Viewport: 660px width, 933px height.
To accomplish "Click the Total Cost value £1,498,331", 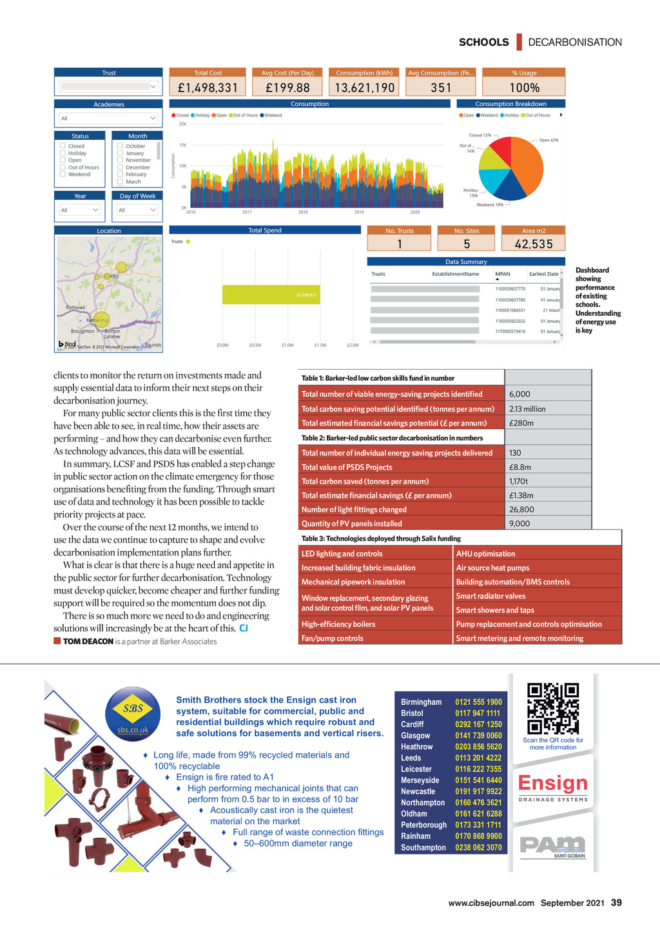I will click(x=208, y=88).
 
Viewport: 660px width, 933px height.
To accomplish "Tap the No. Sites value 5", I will click(x=467, y=244).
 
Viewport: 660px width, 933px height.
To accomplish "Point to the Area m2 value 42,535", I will click(x=534, y=244).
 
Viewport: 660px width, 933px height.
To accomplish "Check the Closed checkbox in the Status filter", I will click(x=63, y=146).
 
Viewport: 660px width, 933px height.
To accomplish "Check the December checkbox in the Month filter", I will click(x=120, y=168).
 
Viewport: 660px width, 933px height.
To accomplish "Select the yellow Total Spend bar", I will click(x=271, y=294).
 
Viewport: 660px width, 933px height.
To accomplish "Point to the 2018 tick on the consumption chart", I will click(x=303, y=212).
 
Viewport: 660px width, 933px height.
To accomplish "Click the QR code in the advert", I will click(x=553, y=709).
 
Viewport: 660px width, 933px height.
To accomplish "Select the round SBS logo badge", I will click(x=133, y=714).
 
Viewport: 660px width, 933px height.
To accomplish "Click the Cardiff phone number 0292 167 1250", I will click(x=478, y=724).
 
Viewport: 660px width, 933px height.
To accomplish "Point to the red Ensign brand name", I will click(x=553, y=783).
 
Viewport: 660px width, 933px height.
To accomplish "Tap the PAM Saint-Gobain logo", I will click(x=552, y=845).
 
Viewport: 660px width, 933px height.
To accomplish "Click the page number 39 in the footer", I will click(x=616, y=903).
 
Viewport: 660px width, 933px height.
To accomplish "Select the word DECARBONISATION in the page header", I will click(x=575, y=43).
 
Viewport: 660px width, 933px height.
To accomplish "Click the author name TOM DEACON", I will click(x=88, y=642).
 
